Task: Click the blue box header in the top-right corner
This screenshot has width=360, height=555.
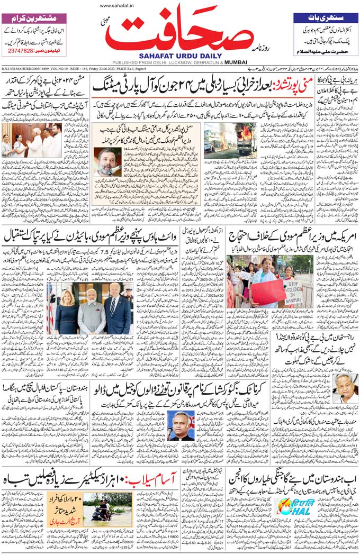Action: pyautogui.click(x=325, y=17)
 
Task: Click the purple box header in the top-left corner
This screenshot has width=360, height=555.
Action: pyautogui.click(x=34, y=17)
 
